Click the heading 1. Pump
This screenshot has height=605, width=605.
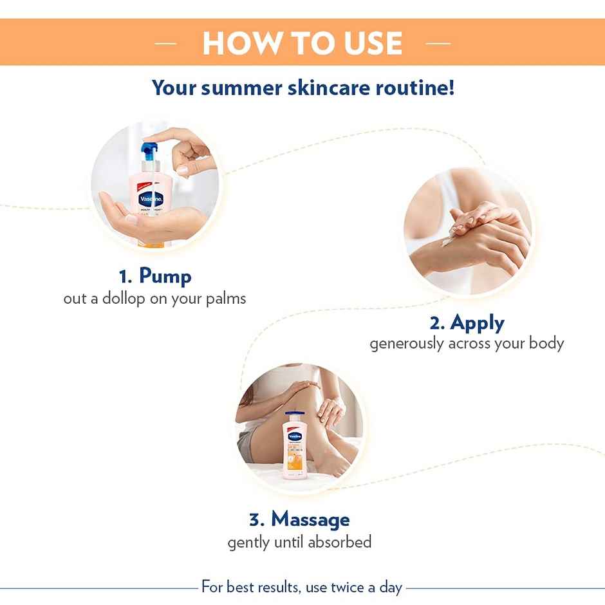[x=155, y=276]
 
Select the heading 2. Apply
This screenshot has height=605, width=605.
[x=467, y=322]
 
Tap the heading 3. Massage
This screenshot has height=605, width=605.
[x=299, y=519]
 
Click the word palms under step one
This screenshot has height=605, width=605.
[x=226, y=299]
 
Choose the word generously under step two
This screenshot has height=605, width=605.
[x=407, y=344]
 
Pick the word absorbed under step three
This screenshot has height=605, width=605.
[x=339, y=542]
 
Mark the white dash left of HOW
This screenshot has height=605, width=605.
[x=166, y=44]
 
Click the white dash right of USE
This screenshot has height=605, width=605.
[x=438, y=44]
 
